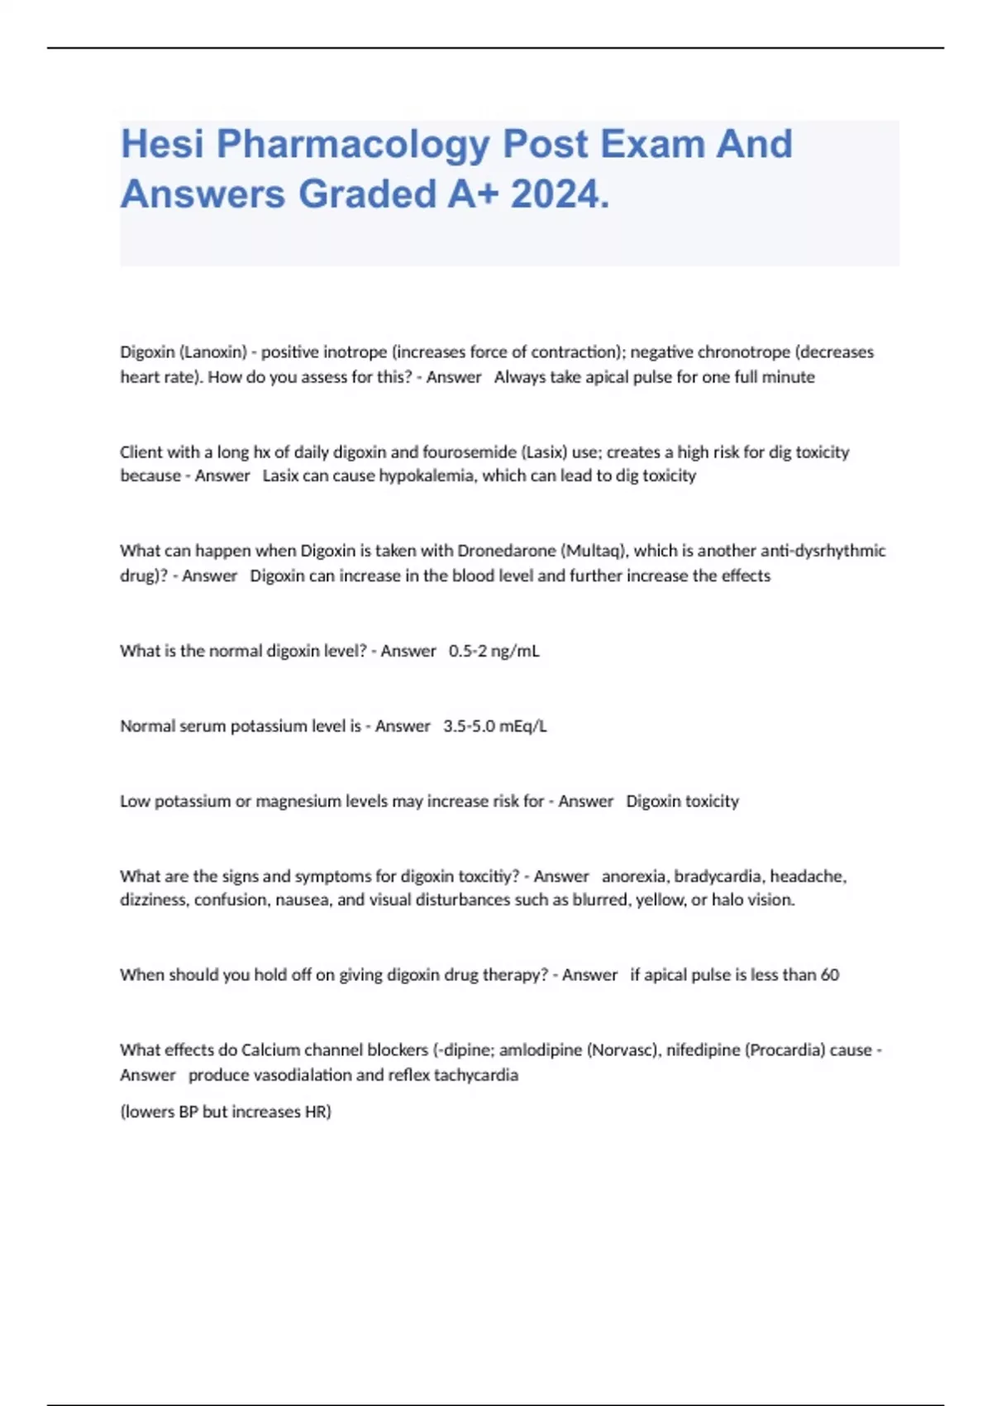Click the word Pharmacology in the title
[x=353, y=145]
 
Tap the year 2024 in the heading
[x=559, y=195]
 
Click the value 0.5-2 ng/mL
[x=494, y=651]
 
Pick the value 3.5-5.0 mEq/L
[x=494, y=726]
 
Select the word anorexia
[x=633, y=877]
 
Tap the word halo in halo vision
[x=727, y=900]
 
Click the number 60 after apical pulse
[x=830, y=975]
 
